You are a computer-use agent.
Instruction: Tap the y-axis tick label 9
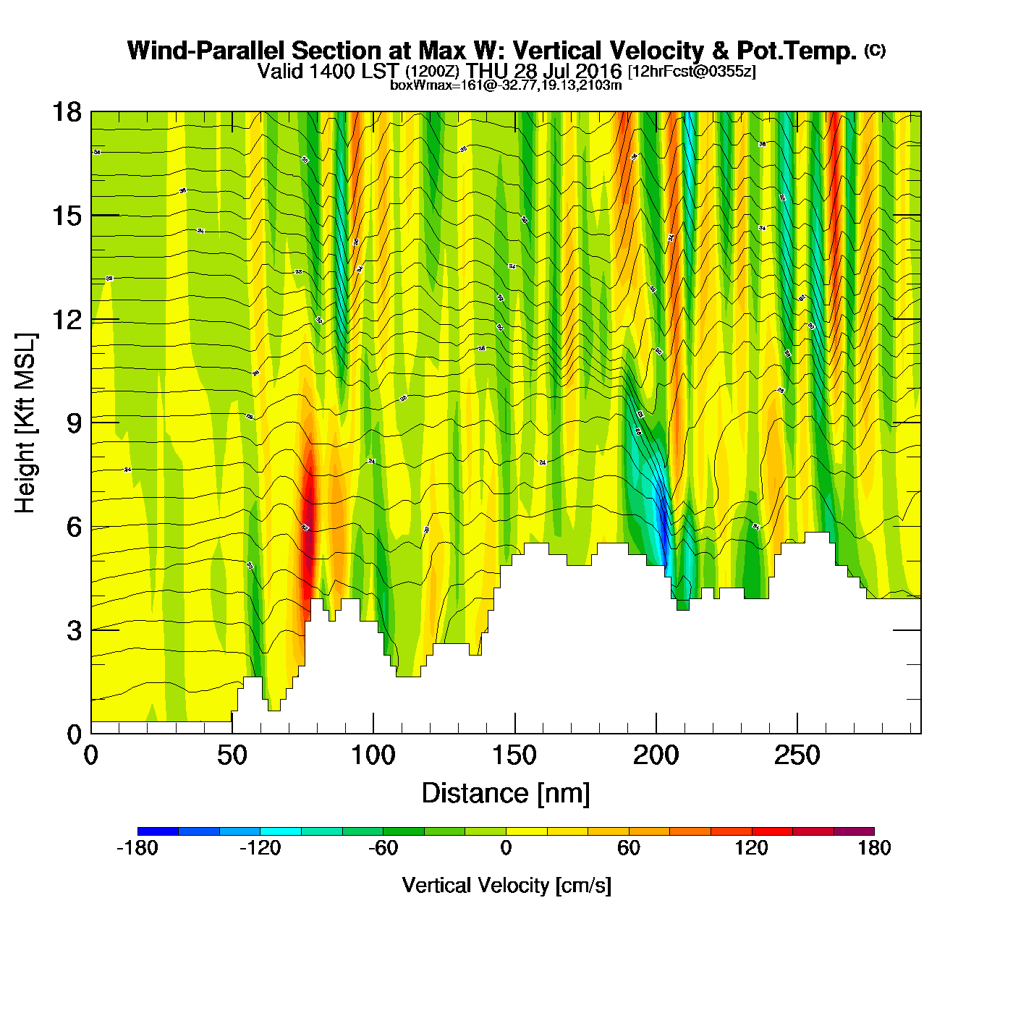pos(74,423)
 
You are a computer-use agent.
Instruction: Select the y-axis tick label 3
pos(74,631)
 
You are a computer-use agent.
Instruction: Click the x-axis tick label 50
pos(232,756)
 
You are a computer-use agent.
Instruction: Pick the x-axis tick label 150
pos(514,756)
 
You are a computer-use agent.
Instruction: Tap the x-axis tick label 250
pos(797,756)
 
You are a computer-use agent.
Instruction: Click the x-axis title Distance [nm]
pos(506,794)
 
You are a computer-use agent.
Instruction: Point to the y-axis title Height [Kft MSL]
pos(25,423)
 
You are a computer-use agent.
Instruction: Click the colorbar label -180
pos(137,848)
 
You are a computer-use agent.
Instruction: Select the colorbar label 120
pos(751,848)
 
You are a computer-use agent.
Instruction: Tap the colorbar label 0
pos(506,848)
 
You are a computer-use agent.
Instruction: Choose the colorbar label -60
pos(383,848)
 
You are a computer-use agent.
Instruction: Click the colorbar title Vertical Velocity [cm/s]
pos(506,886)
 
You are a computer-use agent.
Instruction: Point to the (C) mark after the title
pos(875,50)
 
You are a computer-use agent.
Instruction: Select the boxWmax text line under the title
pos(506,85)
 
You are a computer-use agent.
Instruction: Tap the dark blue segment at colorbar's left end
pos(158,831)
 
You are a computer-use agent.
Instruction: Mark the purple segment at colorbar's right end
pos(854,831)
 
